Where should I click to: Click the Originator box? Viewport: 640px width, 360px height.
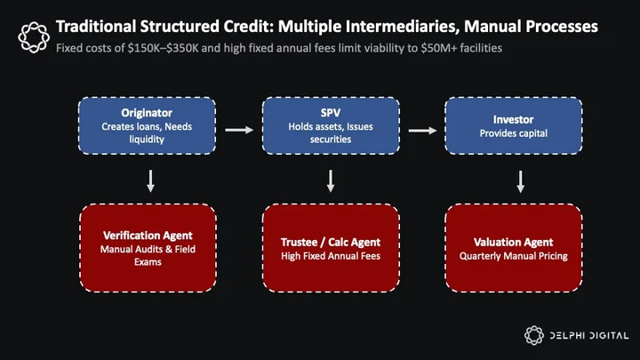pos(147,125)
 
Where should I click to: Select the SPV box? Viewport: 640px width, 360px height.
pos(331,125)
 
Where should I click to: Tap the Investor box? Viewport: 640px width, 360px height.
pos(514,125)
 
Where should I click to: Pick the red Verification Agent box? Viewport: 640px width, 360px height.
pos(148,248)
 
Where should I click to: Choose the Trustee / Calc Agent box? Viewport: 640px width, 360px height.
pos(331,248)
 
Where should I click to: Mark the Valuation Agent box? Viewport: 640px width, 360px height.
pos(514,248)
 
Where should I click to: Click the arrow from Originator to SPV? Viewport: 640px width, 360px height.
pos(239,130)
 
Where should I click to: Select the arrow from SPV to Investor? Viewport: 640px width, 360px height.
pos(422,130)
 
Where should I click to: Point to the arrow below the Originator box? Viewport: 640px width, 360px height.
pos(150,180)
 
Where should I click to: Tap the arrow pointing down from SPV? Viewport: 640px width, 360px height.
pos(331,180)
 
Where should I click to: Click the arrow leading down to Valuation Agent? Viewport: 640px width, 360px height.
pos(520,181)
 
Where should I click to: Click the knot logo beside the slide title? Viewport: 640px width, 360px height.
pos(34,37)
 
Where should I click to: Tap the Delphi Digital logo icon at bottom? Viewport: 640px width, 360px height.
pos(534,335)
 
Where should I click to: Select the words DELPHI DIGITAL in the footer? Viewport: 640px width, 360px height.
pos(589,336)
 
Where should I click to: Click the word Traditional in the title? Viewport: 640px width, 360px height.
pos(96,27)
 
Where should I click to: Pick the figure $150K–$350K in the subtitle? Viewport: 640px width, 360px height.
pos(163,48)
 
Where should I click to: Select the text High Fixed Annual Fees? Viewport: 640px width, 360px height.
pos(331,256)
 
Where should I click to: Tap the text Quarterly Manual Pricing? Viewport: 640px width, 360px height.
pos(514,256)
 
